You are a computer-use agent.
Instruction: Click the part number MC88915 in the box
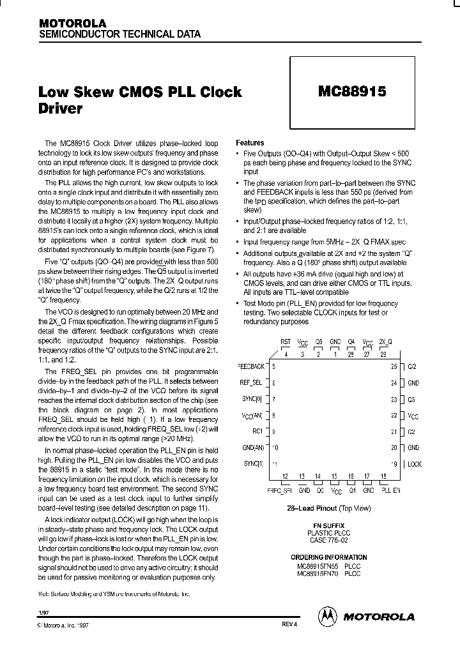click(x=351, y=91)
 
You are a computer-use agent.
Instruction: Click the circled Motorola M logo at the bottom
click(x=327, y=616)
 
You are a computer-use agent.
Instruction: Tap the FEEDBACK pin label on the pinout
click(x=251, y=366)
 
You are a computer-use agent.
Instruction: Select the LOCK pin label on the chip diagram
click(x=414, y=464)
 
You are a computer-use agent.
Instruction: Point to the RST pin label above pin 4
click(x=286, y=342)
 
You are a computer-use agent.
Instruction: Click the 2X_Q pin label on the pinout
click(x=385, y=342)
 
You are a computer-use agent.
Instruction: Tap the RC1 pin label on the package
click(x=258, y=432)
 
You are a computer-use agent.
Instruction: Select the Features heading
click(x=250, y=143)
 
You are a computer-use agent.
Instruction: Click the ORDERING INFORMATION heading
click(x=328, y=557)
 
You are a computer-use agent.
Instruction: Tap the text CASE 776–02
click(x=328, y=540)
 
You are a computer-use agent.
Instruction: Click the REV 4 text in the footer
click(x=289, y=624)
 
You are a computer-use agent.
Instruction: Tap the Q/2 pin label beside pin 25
click(x=412, y=366)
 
